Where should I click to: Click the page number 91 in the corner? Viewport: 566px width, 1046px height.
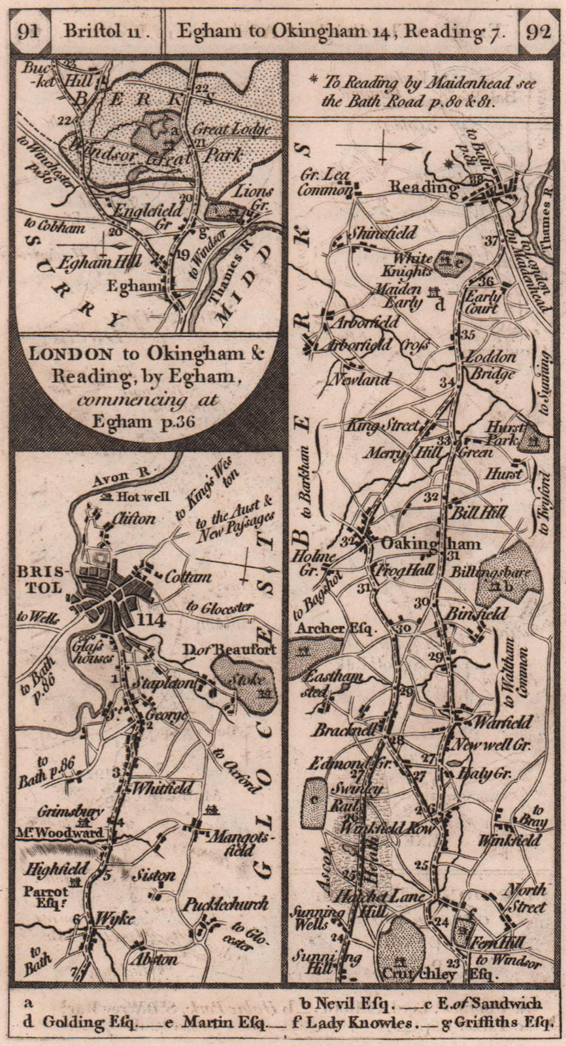click(x=28, y=31)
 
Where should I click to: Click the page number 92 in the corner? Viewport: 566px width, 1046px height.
click(x=539, y=31)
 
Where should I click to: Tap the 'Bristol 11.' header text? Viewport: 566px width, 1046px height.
click(x=106, y=31)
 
